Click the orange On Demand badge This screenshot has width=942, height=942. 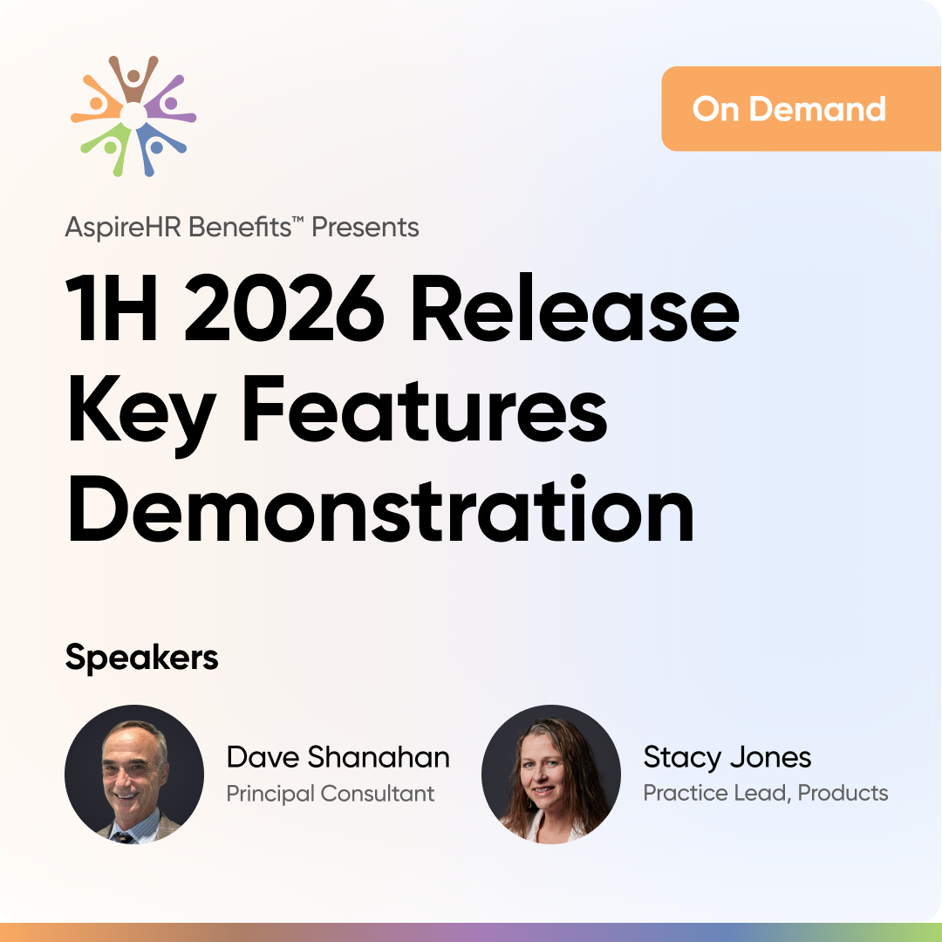tap(802, 109)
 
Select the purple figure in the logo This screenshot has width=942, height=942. tap(171, 101)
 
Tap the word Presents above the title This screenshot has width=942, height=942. tap(365, 227)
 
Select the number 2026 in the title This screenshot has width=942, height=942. tap(284, 308)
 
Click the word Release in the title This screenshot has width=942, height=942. tap(574, 307)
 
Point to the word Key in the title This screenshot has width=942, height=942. tap(142, 415)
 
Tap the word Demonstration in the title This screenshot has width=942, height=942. tap(381, 509)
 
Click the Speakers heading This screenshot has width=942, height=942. tap(142, 658)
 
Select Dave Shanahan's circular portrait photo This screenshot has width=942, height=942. tap(134, 775)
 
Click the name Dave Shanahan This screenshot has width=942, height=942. tap(338, 757)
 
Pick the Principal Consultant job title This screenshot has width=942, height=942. tap(331, 794)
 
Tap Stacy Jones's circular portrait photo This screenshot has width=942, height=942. tap(551, 775)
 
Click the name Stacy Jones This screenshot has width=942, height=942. tap(727, 758)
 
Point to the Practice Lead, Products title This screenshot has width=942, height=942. tap(766, 793)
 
